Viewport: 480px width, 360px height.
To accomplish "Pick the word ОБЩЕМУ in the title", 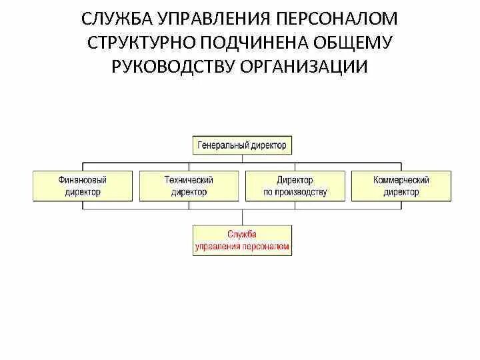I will pyautogui.click(x=358, y=42).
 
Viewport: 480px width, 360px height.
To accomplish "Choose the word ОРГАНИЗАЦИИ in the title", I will pyautogui.click(x=309, y=66).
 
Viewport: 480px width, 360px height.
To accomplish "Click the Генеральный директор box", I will pyautogui.click(x=242, y=144).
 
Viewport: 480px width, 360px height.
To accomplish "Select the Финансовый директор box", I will pyautogui.click(x=83, y=186).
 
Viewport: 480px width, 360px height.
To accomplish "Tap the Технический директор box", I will pyautogui.click(x=189, y=186).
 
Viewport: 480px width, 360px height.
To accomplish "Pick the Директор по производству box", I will pyautogui.click(x=295, y=186).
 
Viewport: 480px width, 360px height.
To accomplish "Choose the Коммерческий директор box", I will pyautogui.click(x=401, y=186).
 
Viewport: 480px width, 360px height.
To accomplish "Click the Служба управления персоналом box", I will pyautogui.click(x=242, y=240).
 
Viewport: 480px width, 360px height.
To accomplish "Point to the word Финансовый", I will pyautogui.click(x=83, y=180).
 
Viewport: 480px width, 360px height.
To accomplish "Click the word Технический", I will pyautogui.click(x=189, y=180).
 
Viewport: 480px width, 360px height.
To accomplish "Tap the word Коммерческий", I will pyautogui.click(x=401, y=180).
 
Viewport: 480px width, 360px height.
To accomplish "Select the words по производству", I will pyautogui.click(x=295, y=193).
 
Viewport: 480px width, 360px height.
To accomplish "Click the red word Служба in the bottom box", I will pyautogui.click(x=242, y=234).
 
